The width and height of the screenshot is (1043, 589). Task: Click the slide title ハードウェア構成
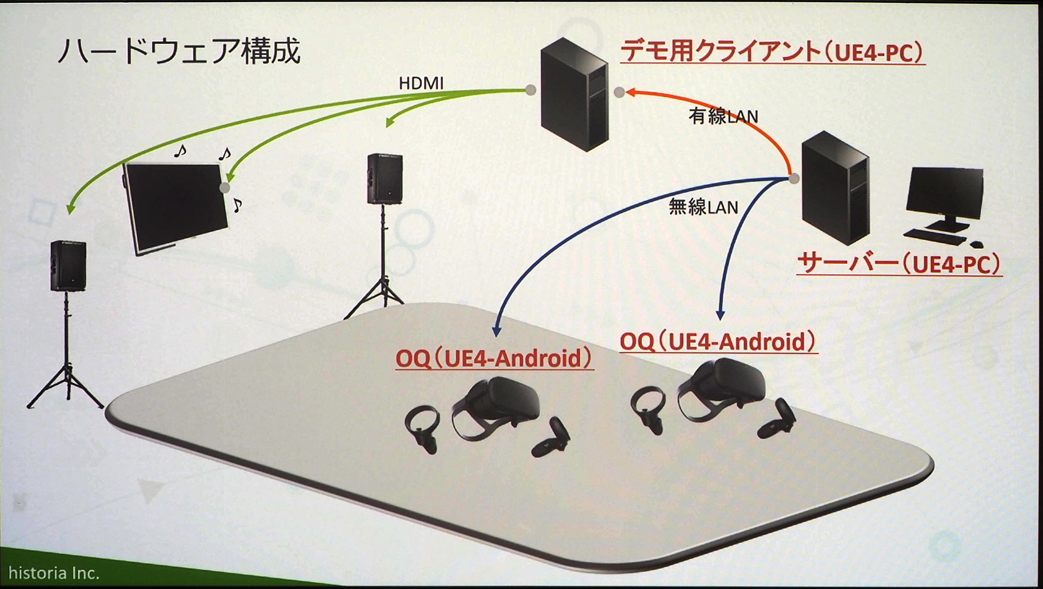pos(179,51)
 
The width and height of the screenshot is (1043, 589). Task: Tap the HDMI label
pos(421,83)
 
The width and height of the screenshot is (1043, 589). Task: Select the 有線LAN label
pos(723,116)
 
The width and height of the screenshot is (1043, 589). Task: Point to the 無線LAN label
pos(703,207)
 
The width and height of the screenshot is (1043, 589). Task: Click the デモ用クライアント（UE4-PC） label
pos(772,52)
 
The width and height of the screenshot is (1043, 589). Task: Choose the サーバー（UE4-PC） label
pos(899,263)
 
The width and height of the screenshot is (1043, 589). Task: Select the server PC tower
pos(835,188)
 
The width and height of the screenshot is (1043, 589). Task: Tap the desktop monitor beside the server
pos(944,195)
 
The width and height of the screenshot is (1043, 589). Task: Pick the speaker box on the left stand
pos(68,266)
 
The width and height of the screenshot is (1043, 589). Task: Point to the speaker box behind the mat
pos(385,178)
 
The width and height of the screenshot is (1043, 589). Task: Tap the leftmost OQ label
pos(494,359)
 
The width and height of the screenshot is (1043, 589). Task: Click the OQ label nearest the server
pos(718,342)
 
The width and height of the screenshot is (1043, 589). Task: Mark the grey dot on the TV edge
pos(225,188)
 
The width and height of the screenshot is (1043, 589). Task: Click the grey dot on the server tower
pos(794,179)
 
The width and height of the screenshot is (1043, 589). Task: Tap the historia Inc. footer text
pos(54,573)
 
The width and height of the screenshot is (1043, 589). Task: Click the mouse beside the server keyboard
pos(976,244)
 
